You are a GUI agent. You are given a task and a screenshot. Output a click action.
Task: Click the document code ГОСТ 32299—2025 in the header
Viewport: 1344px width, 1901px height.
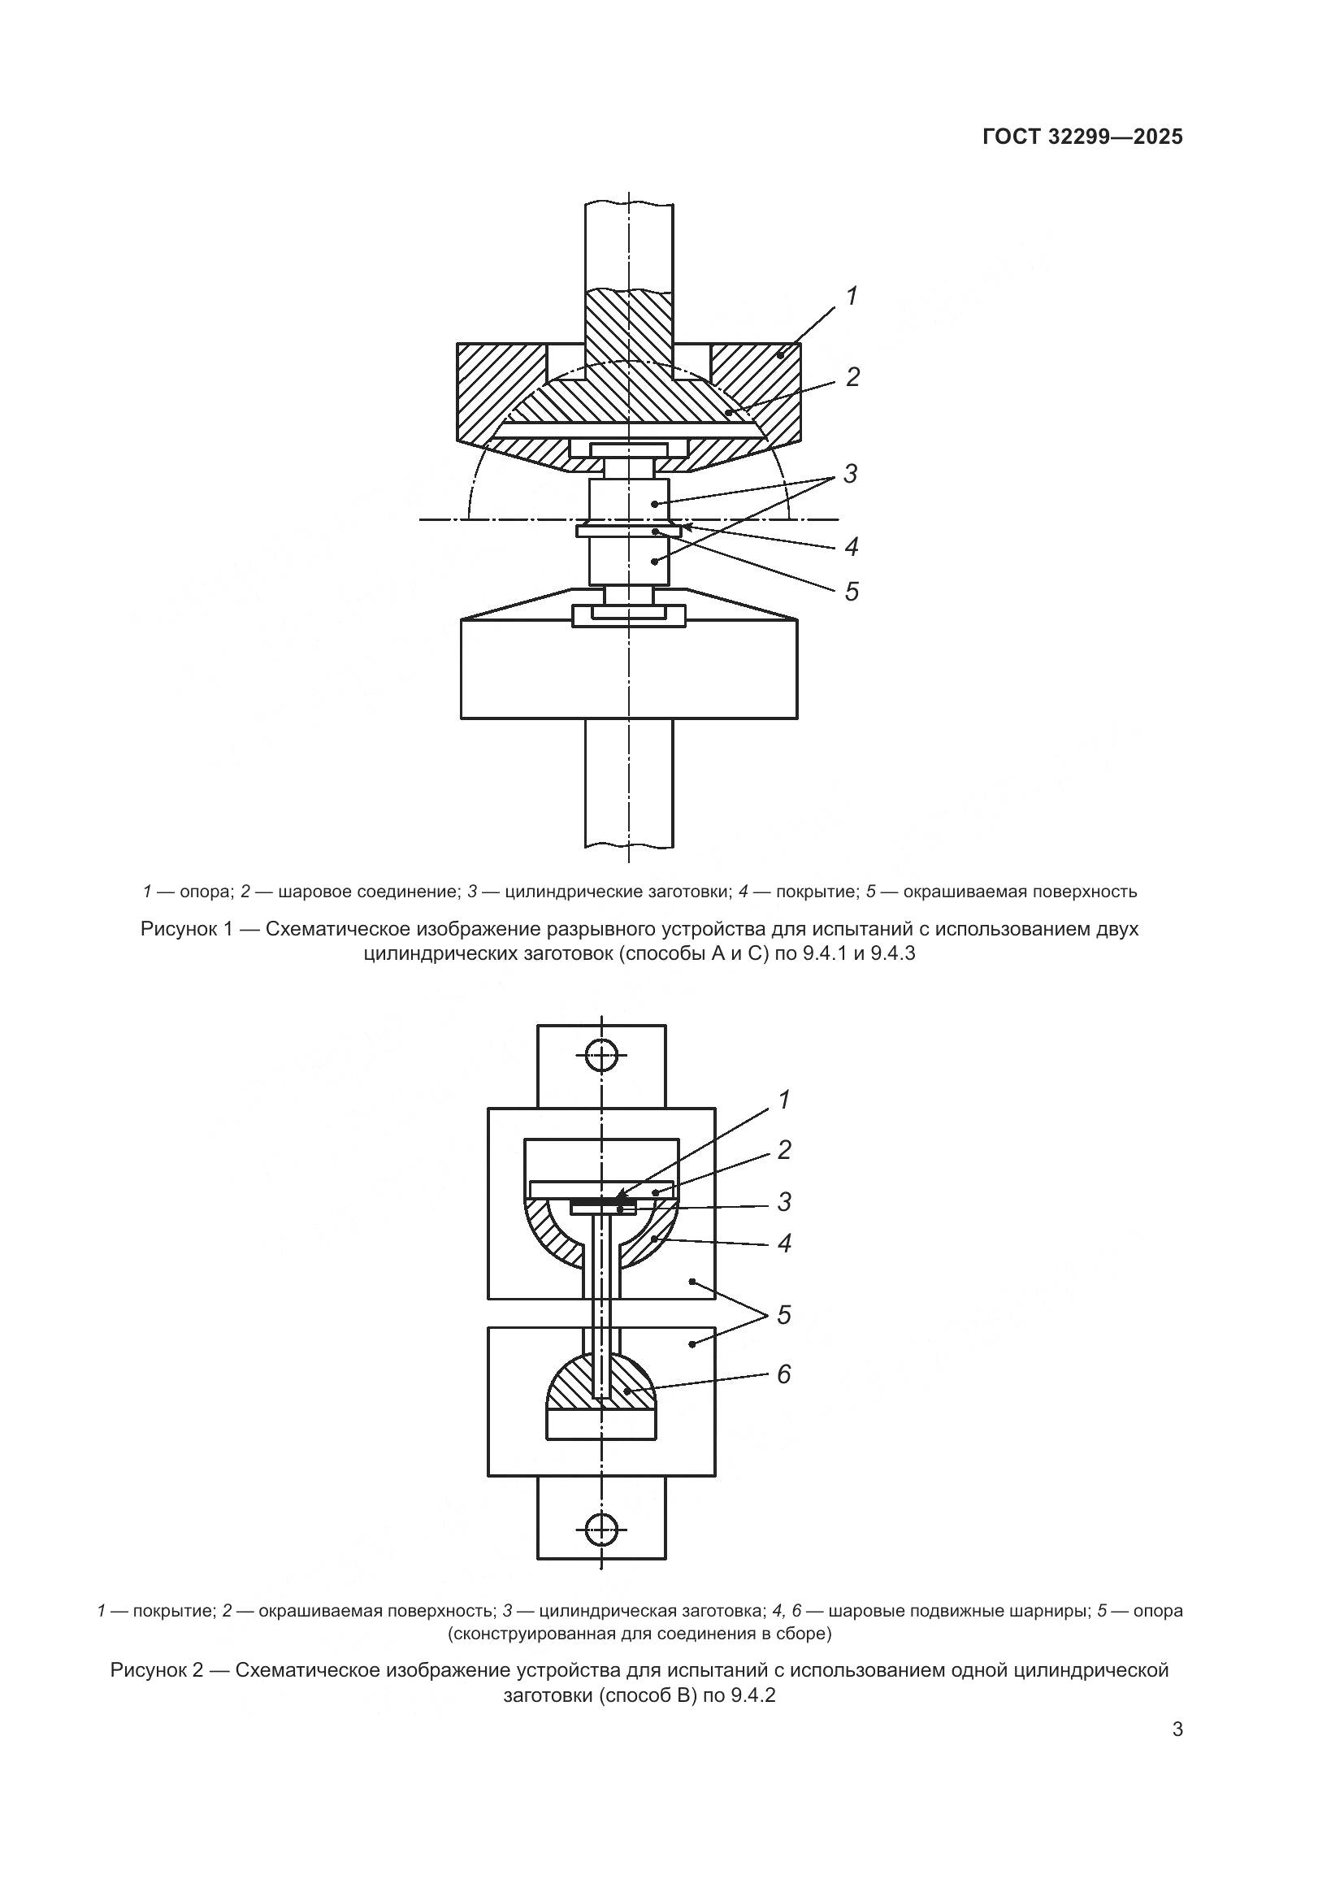(x=1082, y=137)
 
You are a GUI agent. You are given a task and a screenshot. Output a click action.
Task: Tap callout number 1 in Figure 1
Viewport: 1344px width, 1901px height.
(x=851, y=296)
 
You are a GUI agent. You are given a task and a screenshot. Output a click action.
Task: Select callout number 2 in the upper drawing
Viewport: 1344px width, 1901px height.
(x=852, y=378)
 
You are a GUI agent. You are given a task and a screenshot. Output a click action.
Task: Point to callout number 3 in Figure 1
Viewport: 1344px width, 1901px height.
(x=850, y=475)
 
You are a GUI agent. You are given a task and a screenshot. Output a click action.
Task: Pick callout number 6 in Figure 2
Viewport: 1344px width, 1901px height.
(x=783, y=1374)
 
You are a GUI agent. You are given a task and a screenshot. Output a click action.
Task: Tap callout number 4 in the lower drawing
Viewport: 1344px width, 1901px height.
(x=783, y=1243)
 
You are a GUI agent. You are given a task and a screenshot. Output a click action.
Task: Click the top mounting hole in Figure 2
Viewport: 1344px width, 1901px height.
(x=601, y=1056)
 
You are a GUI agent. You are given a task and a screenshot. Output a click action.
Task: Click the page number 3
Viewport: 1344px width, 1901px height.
(x=1177, y=1730)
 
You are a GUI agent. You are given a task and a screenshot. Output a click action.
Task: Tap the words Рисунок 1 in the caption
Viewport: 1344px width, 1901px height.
(x=189, y=929)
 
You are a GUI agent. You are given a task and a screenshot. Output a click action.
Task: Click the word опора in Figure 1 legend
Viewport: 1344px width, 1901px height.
(x=202, y=892)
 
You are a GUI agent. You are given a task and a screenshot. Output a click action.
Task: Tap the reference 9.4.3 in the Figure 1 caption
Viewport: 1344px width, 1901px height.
(x=893, y=954)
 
